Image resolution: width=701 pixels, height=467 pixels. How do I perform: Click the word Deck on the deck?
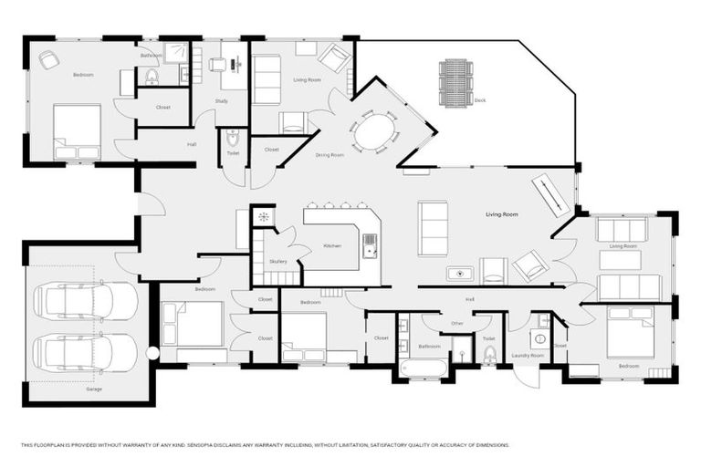[x=479, y=99]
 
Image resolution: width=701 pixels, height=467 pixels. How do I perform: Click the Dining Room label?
[x=330, y=155]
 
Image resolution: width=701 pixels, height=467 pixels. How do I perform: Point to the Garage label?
[x=94, y=389]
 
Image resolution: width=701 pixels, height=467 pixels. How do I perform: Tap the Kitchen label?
[x=331, y=245]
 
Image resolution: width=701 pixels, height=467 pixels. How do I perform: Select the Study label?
[x=222, y=100]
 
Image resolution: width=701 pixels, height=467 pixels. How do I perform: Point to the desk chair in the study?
[x=217, y=65]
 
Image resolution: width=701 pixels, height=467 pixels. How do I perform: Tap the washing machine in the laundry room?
[x=539, y=338]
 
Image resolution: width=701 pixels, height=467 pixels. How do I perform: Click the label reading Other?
[x=457, y=323]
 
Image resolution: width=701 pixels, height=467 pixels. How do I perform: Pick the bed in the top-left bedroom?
[x=76, y=131]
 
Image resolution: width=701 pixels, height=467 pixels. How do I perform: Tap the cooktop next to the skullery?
[x=263, y=216]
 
